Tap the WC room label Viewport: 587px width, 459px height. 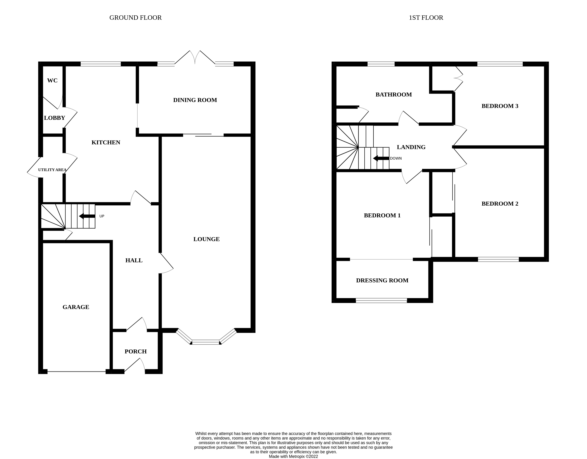pyautogui.click(x=52, y=81)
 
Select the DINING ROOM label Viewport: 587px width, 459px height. pyautogui.click(x=195, y=100)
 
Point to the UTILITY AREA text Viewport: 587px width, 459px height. pyautogui.click(x=52, y=170)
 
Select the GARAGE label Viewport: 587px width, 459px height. pyautogui.click(x=76, y=307)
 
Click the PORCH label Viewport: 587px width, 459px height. pyautogui.click(x=136, y=351)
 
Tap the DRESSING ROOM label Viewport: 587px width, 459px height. pyautogui.click(x=382, y=281)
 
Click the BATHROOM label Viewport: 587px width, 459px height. pyautogui.click(x=393, y=95)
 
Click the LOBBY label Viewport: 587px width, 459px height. pyautogui.click(x=55, y=118)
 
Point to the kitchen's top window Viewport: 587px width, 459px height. pyautogui.click(x=101, y=64)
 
